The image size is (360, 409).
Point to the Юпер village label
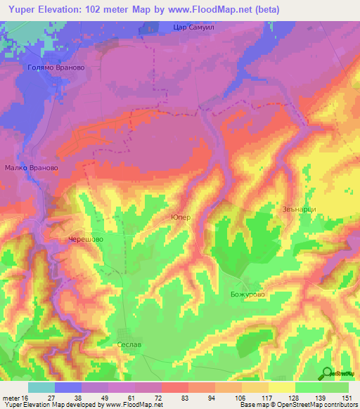(x=181, y=218)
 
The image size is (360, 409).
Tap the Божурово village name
(x=247, y=294)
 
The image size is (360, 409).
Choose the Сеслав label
(x=130, y=345)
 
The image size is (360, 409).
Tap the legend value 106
(x=241, y=398)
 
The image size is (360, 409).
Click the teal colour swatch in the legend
(x=41, y=387)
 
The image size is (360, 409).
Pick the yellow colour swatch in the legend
(x=282, y=387)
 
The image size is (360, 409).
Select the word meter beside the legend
(x=12, y=398)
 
